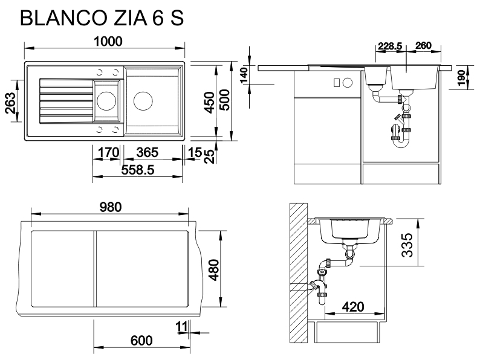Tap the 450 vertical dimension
[209, 103]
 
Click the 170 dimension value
[108, 153]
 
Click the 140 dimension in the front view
[244, 76]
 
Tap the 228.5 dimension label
[389, 46]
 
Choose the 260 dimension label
[424, 46]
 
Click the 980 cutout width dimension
[110, 207]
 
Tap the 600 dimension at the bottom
[141, 341]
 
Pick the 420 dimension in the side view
[352, 306]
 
